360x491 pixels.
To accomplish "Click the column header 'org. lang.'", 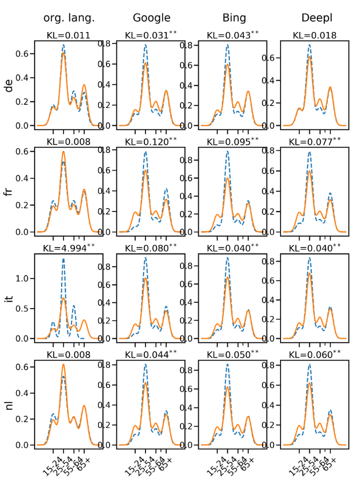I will [68, 18].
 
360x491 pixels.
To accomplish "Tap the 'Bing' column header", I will [233, 18].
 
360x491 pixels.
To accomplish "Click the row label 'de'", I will [9, 88].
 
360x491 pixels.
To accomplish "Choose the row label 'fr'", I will [9, 191].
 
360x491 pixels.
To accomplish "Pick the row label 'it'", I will [9, 297].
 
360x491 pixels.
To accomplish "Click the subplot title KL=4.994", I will [68, 247].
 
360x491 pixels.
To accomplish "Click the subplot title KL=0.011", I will [68, 35].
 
